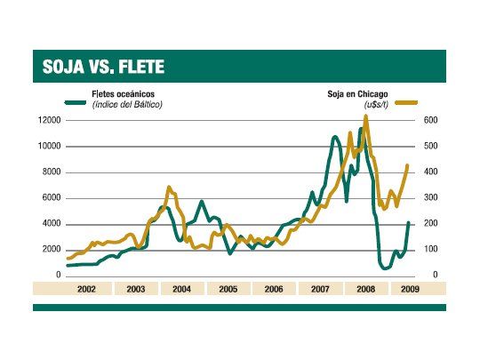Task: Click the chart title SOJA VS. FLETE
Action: pos(103,67)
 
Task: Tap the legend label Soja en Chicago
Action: pos(360,94)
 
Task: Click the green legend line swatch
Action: pos(76,101)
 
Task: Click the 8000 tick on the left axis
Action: pos(50,172)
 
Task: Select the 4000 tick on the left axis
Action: pos(50,223)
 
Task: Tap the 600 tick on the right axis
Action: pos(428,120)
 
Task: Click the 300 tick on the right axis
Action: pos(428,197)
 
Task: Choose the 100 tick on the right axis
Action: pos(428,250)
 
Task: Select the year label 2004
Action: pos(181,289)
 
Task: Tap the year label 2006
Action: pos(273,289)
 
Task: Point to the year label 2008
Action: pos(364,289)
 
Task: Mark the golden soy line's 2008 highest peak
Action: pos(365,116)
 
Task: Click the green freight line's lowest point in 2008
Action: pos(385,268)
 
